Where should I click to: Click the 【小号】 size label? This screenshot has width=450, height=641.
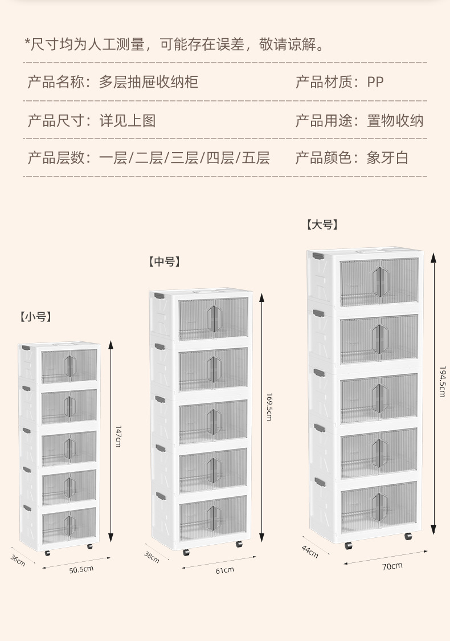35,317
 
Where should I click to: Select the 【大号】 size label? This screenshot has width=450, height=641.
322,224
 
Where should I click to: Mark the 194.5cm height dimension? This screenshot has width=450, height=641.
442,381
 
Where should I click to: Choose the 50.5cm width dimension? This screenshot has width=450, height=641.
80,569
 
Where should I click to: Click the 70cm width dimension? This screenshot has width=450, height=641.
392,566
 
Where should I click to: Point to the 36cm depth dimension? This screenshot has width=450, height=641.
18,560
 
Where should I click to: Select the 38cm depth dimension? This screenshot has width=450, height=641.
152,557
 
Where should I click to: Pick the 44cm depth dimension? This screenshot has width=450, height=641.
310,551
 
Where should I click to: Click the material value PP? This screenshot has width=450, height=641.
375,82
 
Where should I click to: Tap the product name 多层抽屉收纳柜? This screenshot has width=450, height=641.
149,82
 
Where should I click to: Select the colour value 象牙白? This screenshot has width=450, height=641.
388,158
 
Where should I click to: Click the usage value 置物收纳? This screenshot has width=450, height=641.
395,120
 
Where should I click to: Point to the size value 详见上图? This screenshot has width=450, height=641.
128,120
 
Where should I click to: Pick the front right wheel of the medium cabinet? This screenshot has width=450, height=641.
239,544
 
